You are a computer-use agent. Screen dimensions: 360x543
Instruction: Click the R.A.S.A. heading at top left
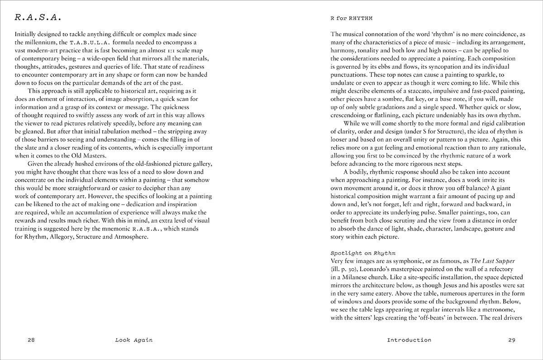pos(38,18)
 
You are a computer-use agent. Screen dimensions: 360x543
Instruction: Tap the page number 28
pos(31,340)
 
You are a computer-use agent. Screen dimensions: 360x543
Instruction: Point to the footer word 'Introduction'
pos(409,340)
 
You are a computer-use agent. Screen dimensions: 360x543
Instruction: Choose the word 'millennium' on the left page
pos(39,42)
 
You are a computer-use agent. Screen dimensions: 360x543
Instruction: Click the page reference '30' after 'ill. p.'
pos(356,270)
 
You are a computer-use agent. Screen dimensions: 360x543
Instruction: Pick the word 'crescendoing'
pos(350,115)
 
